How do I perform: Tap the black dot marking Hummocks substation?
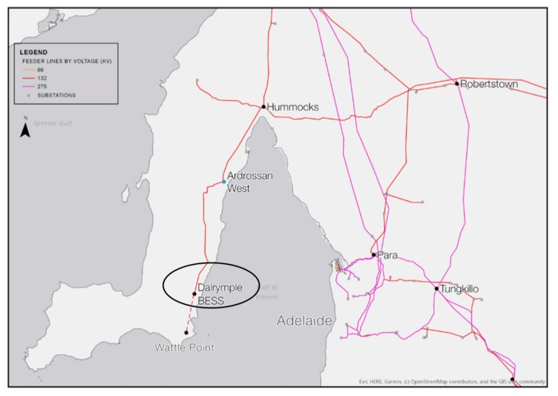click(263, 107)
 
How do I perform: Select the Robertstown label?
click(489, 84)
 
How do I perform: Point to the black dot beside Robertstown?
click(457, 84)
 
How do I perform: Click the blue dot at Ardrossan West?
click(224, 182)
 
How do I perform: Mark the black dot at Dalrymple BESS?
click(195, 294)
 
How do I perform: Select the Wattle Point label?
click(184, 348)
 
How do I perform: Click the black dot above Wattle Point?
click(186, 332)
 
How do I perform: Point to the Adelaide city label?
click(304, 321)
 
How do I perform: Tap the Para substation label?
click(388, 255)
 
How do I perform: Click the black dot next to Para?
click(373, 254)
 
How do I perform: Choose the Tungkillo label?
click(459, 289)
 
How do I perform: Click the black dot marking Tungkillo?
click(436, 289)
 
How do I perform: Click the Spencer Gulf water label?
click(53, 124)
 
